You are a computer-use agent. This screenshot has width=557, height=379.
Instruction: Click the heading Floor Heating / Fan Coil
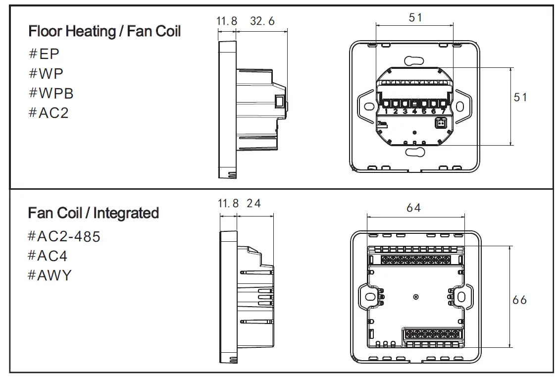point(104,31)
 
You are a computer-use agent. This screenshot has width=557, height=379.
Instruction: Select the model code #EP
point(45,54)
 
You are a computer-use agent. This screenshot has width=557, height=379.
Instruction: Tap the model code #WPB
point(51,93)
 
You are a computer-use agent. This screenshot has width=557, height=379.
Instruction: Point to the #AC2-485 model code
point(64,236)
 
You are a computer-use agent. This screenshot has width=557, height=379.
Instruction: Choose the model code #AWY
point(50,275)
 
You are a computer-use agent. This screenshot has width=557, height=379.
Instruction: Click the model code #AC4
point(48,256)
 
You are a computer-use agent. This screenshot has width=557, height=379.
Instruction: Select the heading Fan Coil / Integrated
point(94,213)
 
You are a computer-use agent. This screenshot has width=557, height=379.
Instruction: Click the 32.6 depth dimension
point(262,21)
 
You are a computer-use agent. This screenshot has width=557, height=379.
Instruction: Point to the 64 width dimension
point(413,208)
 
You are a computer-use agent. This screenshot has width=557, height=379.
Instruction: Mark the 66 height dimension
point(519,300)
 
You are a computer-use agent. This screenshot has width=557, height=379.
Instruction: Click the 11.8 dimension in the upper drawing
point(227,21)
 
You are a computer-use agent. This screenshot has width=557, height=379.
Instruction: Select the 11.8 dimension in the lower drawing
point(228,203)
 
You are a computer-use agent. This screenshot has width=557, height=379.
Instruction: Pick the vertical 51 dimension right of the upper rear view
point(520,97)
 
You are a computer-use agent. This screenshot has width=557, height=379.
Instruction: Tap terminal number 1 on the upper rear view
point(386,112)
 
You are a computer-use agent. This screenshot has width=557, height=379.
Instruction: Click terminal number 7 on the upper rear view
point(443,112)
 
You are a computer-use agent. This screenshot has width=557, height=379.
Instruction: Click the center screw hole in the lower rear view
point(415,297)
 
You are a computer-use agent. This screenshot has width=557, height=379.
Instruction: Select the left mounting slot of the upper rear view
point(369,107)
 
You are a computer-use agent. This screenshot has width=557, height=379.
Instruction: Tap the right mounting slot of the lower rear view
point(461,297)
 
